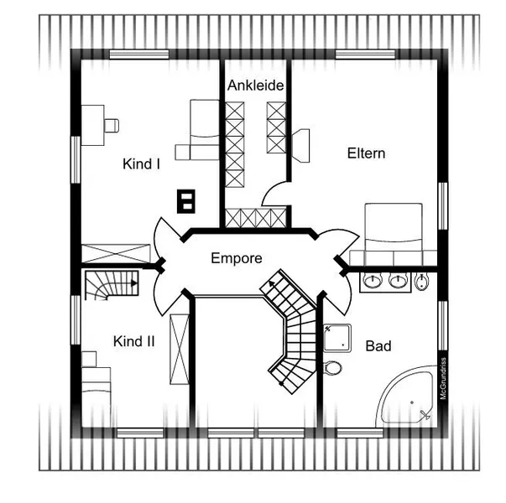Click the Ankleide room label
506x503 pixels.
256,86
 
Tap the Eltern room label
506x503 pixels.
366,153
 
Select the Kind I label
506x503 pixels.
141,163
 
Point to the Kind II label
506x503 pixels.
134,341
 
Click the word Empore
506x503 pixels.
237,258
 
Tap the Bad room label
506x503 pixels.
378,346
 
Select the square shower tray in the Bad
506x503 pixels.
337,338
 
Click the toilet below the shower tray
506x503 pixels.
332,368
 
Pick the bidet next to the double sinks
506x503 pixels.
421,282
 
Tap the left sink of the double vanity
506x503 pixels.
373,281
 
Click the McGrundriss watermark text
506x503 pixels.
443,378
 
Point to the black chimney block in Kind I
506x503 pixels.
186,201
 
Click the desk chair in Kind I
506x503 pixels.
112,126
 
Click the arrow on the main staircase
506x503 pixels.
272,283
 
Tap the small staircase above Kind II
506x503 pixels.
112,285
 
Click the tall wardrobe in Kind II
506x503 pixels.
180,349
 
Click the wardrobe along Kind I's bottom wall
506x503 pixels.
116,253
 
